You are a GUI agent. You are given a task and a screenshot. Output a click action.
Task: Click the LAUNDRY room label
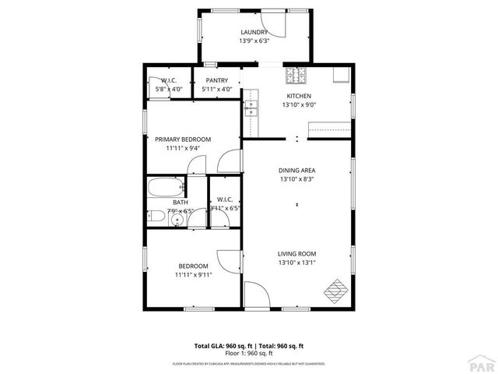click(254, 32)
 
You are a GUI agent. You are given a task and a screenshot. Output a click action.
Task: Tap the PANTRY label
click(217, 80)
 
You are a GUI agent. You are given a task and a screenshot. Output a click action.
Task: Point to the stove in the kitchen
click(296, 76)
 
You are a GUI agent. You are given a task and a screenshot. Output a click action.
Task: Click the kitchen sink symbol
click(251, 108)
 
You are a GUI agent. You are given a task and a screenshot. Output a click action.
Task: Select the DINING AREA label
click(297, 170)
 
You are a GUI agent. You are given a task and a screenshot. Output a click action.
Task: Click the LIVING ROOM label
click(297, 253)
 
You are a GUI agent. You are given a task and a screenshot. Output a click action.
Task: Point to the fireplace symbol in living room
click(336, 289)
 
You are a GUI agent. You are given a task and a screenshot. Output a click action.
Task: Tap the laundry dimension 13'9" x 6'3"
click(254, 41)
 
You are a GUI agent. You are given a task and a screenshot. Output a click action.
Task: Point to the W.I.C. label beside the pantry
click(170, 80)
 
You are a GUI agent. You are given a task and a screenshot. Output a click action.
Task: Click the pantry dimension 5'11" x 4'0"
click(217, 89)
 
